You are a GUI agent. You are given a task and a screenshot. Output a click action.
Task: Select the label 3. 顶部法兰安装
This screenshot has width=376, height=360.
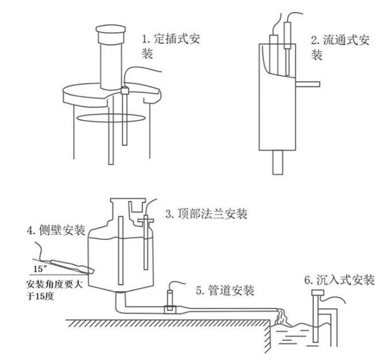pyautogui.click(x=206, y=214)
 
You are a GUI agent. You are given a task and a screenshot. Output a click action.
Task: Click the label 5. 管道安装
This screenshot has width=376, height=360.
pyautogui.click(x=225, y=290)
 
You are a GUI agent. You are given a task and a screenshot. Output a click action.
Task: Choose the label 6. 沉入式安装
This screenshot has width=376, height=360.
pyautogui.click(x=339, y=281)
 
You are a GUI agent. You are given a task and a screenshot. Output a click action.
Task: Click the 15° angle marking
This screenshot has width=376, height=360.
pyautogui.click(x=39, y=268)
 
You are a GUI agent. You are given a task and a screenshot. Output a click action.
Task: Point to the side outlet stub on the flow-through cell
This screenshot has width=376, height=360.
pyautogui.click(x=307, y=85)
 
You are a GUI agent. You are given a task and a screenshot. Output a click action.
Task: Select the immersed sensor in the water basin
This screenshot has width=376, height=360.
pyautogui.click(x=316, y=319)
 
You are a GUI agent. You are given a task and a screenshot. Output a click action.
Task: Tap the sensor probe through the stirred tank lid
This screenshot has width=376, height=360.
pyautogui.click(x=125, y=115)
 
